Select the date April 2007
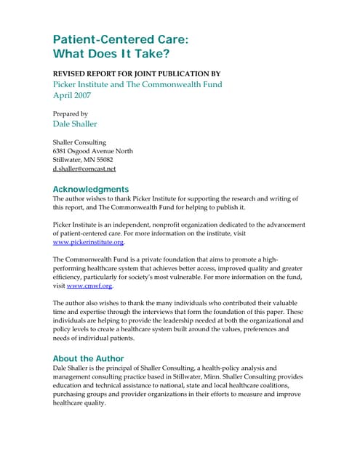tap(74, 95)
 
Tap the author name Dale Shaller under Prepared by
tap(76, 124)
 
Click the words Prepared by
tap(71, 113)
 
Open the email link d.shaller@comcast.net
tap(84, 169)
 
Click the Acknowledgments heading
tap(91, 188)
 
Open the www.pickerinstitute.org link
tap(88, 242)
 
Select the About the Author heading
tap(89, 359)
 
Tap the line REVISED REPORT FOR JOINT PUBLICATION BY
tap(137, 74)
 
